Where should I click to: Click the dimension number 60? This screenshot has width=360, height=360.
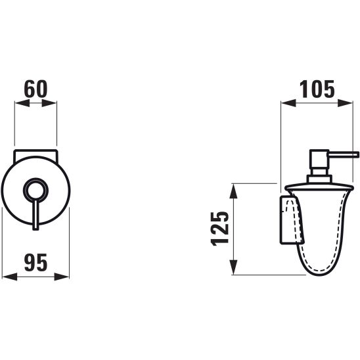pyautogui.click(x=35, y=89)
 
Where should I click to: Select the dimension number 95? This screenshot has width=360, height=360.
pyautogui.click(x=36, y=262)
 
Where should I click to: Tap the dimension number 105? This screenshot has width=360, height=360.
pyautogui.click(x=317, y=89)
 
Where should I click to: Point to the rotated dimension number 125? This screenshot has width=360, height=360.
pyautogui.click(x=219, y=229)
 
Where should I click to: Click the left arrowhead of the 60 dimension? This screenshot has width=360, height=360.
pyautogui.click(x=22, y=103)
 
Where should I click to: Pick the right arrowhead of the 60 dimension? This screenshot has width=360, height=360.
pyautogui.click(x=49, y=103)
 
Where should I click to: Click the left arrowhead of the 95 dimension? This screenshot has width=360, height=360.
pyautogui.click(x=10, y=277)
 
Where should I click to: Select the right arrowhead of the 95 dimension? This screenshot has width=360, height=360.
pyautogui.click(x=62, y=277)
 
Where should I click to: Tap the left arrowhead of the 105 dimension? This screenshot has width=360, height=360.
pyautogui.click(x=288, y=103)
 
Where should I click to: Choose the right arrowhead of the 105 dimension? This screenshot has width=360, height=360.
pyautogui.click(x=345, y=103)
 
